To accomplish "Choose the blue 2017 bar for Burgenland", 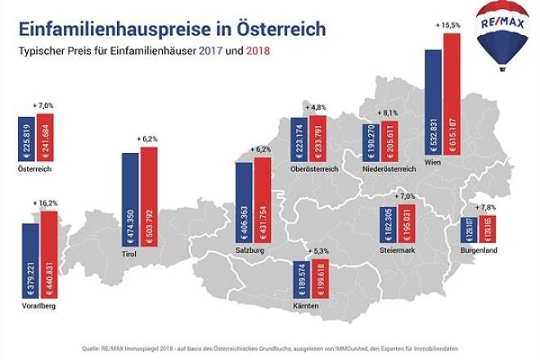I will tap(466, 238).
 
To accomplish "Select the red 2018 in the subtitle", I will tap(257, 54).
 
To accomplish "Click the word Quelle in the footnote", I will tap(103, 346).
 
